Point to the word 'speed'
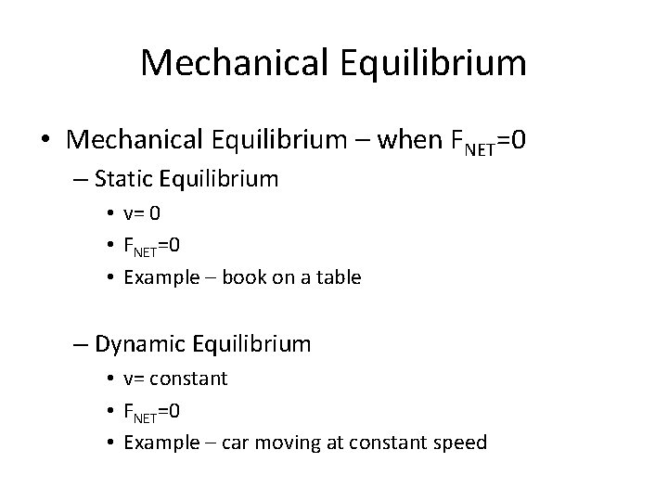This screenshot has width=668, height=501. click(459, 442)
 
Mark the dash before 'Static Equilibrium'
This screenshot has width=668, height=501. click(81, 179)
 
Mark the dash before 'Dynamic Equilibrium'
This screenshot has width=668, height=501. click(81, 345)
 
